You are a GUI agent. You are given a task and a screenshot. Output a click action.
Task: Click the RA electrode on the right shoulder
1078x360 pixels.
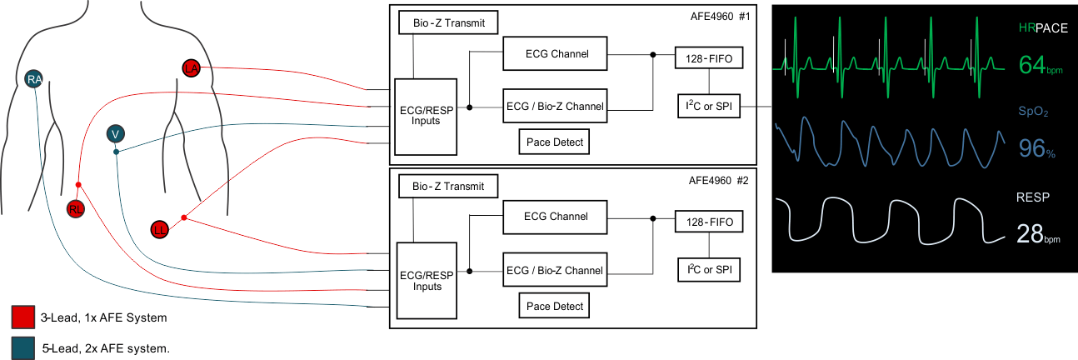point(34,79)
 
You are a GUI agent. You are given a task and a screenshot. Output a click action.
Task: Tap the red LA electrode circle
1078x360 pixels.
point(191,68)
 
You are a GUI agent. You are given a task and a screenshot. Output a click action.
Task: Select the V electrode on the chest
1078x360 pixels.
point(116,133)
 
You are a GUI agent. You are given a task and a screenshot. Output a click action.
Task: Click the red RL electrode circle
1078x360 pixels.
point(76,209)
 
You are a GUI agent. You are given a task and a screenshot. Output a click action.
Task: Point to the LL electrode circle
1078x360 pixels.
point(160,228)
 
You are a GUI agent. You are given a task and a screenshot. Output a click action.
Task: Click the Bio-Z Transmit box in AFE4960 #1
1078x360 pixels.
point(448,23)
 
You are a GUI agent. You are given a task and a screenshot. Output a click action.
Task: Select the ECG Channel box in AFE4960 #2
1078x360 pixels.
point(556,217)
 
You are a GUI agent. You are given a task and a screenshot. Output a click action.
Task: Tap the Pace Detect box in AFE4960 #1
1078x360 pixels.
point(556,142)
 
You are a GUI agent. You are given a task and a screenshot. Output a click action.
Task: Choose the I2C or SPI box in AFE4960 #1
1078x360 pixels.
point(709,106)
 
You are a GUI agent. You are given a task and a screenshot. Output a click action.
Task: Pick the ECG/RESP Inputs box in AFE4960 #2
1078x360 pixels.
point(426,281)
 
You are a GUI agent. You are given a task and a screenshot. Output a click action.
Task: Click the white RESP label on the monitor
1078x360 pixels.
point(1033,197)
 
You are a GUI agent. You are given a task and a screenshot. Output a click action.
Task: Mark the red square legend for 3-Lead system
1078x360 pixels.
point(23,317)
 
